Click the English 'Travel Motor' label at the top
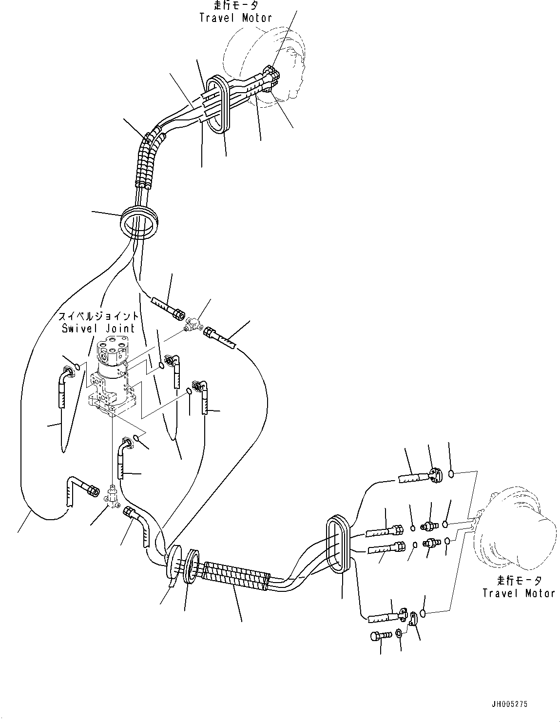click(235, 18)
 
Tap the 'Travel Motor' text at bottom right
click(519, 593)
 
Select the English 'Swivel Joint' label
click(98, 328)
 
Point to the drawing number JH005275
click(509, 704)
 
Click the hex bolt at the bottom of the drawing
click(379, 636)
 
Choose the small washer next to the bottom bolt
click(399, 634)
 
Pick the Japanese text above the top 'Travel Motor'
click(235, 6)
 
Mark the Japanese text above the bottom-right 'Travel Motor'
click(519, 581)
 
